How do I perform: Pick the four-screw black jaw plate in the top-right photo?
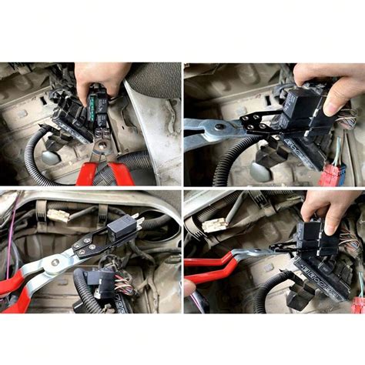tap(257, 122)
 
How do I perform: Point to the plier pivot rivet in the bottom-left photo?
tap(55, 263)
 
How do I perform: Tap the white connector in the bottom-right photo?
tap(214, 225)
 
